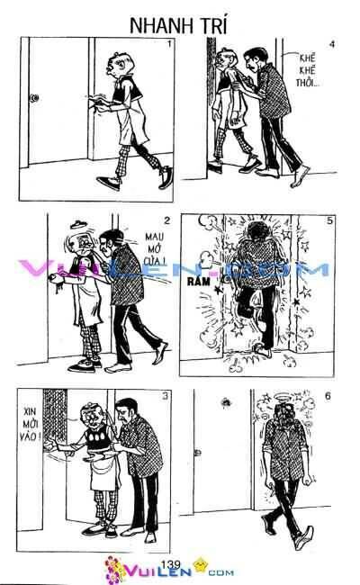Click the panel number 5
[331, 220]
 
